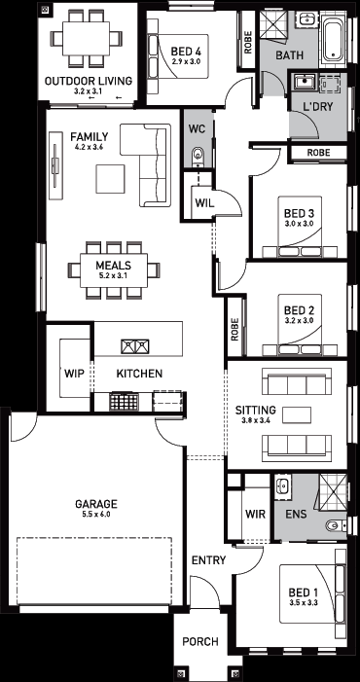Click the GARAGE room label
click(96, 504)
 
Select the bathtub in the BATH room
click(334, 40)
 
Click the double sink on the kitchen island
click(135, 346)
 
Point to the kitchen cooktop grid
click(124, 401)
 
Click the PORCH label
click(200, 641)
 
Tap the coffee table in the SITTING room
click(297, 415)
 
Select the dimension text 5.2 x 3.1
click(114, 275)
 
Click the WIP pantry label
click(74, 374)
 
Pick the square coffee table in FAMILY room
click(111, 178)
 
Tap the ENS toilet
click(336, 526)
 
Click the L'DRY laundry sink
click(305, 82)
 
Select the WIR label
click(255, 514)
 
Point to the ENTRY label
click(208, 560)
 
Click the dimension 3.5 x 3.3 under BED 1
click(304, 603)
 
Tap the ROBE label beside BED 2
click(234, 329)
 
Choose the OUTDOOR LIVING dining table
click(86, 38)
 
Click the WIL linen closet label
click(204, 202)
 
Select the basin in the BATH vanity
click(306, 18)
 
